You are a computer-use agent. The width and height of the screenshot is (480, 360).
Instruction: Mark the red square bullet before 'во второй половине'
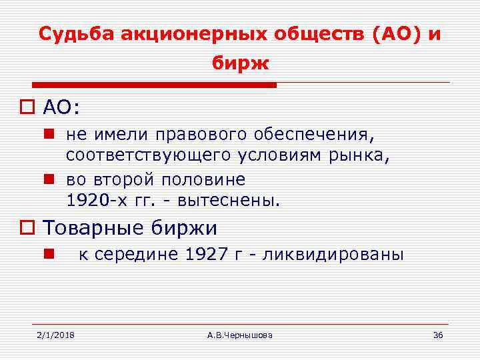(x=49, y=179)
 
